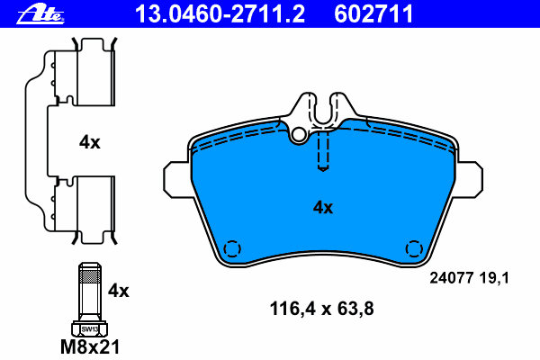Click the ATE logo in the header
[x=40, y=14]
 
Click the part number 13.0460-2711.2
[x=220, y=14]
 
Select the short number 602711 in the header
[x=373, y=14]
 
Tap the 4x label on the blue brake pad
[x=323, y=207]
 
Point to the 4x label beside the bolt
[x=119, y=291]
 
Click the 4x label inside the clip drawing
[x=89, y=142]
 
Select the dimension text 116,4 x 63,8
[x=321, y=309]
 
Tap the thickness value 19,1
[x=493, y=278]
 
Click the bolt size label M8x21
[x=90, y=346]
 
